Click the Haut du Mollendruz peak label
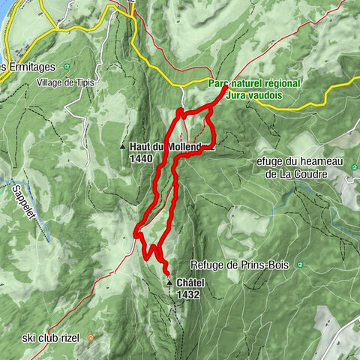[169, 147]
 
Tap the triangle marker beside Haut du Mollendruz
[123, 148]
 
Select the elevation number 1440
[141, 158]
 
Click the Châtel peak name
[189, 283]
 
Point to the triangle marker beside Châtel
[170, 283]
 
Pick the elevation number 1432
[188, 295]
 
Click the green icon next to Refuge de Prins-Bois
[299, 265]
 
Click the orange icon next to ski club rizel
[91, 337]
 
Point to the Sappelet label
[25, 200]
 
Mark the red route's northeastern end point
[226, 88]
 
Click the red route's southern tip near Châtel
[166, 272]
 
